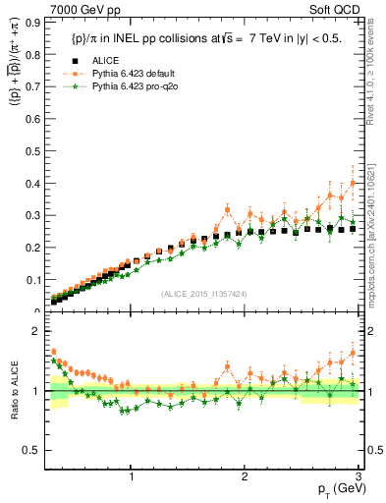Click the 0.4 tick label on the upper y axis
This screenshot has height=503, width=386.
coord(31,184)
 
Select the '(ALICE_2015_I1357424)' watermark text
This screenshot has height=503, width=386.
coord(202,294)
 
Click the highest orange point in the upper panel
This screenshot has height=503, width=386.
coord(353,183)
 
